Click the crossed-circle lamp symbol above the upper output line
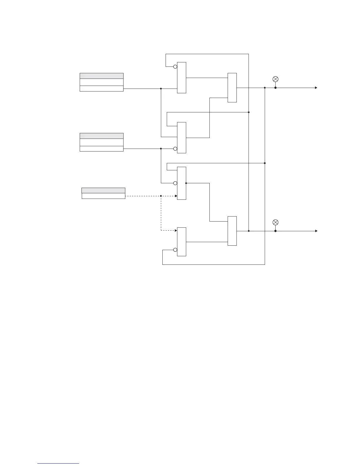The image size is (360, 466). coord(275,79)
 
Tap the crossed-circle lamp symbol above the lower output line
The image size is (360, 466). coord(275,222)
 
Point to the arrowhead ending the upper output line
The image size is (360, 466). coord(316,88)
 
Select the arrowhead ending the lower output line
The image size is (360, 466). coord(316,231)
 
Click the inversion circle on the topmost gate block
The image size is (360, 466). coord(175,66)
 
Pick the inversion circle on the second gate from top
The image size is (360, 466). coord(175,149)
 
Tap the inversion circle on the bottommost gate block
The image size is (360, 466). coord(175,250)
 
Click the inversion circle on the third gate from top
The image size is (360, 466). coord(175,183)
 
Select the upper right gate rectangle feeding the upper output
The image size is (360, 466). coord(232,88)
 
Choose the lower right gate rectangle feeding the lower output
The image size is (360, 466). coord(232,231)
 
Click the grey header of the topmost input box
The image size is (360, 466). coord(101,76)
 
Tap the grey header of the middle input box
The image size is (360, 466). coord(101,136)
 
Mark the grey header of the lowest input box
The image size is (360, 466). coord(103,190)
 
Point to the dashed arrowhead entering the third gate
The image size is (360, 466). coord(176,196)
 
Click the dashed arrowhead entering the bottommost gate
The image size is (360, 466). coord(176,231)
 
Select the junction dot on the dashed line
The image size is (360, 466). coord(161,196)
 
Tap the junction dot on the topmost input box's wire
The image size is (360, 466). coord(161,89)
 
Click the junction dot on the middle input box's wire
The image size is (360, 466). coord(161,149)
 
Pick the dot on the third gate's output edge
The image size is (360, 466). coord(186,183)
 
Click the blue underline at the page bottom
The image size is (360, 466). coord(58,464)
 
